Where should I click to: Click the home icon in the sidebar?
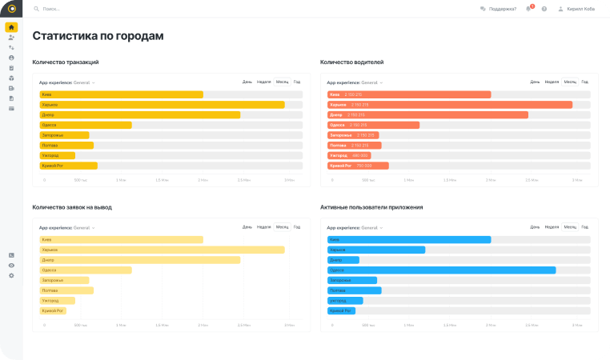(11, 27)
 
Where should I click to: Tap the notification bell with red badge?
(528, 9)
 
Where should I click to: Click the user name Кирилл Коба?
(581, 9)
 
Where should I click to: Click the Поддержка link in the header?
(501, 9)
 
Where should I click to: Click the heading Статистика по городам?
(98, 36)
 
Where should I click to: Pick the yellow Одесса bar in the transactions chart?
(86, 125)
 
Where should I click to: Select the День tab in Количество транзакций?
(247, 82)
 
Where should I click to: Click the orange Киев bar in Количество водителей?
(409, 94)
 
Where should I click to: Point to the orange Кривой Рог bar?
(358, 166)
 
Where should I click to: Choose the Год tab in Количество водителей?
(585, 82)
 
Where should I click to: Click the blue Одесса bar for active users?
(441, 270)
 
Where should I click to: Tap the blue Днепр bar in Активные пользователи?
(343, 260)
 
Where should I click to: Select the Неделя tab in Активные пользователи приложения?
(552, 227)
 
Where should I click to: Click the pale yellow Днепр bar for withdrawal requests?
(140, 260)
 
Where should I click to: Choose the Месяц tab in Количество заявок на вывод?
(282, 227)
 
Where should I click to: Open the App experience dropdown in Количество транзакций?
(67, 82)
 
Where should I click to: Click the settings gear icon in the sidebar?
(11, 275)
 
